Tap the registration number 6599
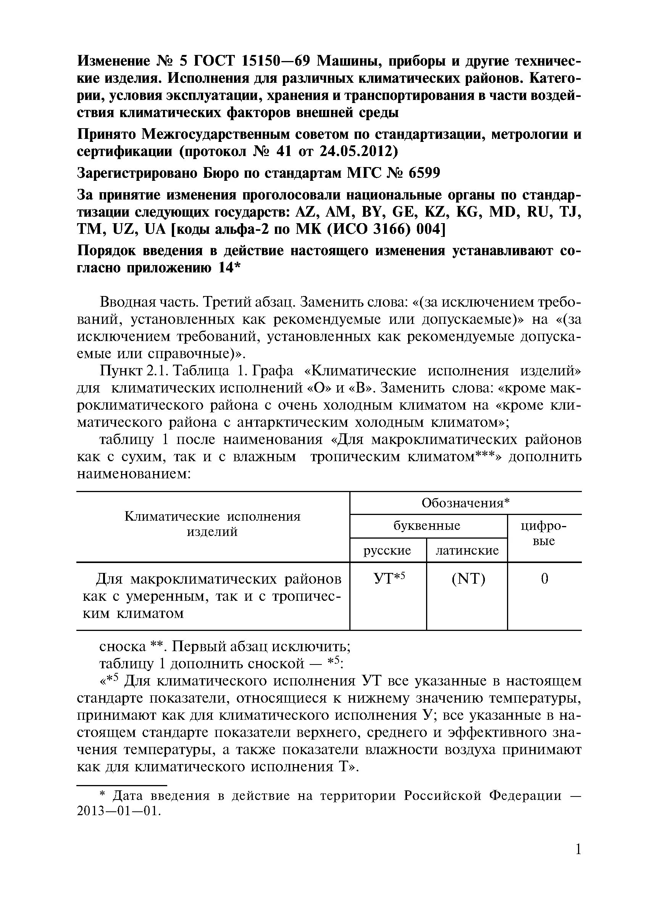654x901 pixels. coord(425,173)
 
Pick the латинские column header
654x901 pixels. coord(467,550)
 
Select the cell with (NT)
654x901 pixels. coord(468,579)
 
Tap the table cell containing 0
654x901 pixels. coord(544,579)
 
